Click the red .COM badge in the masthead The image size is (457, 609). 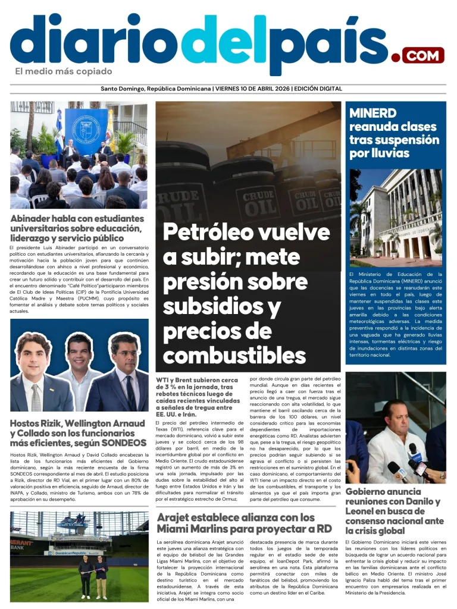423,55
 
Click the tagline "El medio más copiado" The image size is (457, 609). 64,72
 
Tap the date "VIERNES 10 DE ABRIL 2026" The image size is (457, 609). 252,89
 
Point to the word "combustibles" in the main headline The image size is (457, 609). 234,355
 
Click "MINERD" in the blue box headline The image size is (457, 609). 373,113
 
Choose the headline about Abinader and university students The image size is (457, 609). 77,228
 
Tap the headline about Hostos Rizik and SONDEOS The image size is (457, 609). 77,433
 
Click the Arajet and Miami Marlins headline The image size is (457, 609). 244,523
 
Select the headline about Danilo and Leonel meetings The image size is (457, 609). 394,511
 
